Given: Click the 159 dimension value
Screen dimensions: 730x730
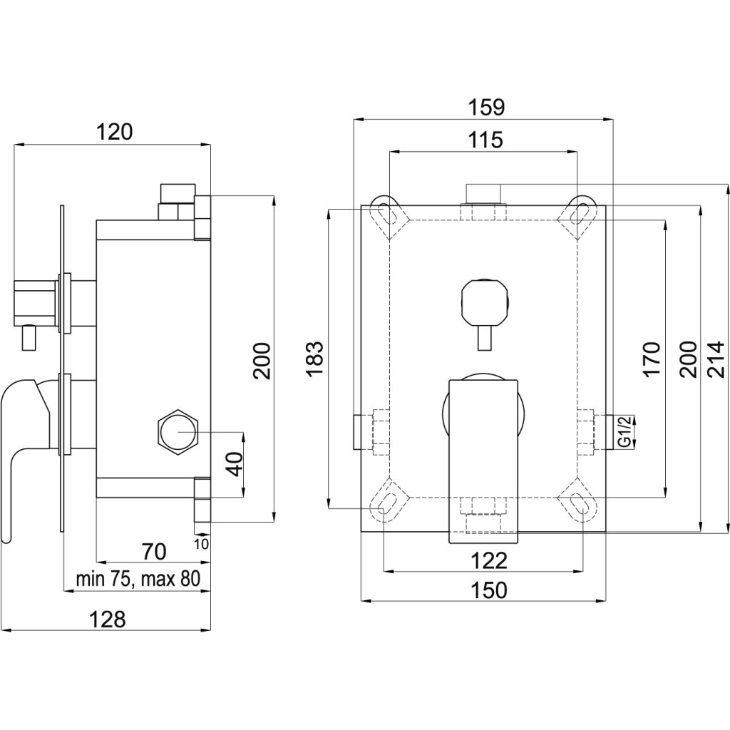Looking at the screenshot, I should pyautogui.click(x=486, y=107).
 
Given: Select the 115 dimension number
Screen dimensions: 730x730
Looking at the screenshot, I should pyautogui.click(x=486, y=140).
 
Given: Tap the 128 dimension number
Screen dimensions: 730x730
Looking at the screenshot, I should pyautogui.click(x=108, y=619).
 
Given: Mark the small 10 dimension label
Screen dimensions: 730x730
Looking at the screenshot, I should pyautogui.click(x=201, y=543).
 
